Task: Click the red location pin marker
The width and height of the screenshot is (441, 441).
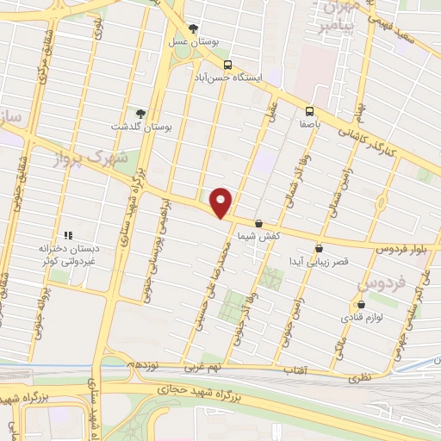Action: tap(222, 202)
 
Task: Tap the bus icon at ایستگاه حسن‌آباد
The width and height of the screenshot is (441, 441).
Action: tap(227, 65)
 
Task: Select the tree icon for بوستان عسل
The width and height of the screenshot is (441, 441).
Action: tap(193, 28)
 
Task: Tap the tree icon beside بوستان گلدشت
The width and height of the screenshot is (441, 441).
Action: tap(140, 113)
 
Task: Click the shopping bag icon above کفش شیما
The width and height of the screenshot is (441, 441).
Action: tap(258, 224)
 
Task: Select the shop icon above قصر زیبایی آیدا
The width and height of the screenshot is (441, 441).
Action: tap(319, 249)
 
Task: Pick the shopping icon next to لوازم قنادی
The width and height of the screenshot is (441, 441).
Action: tap(361, 304)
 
